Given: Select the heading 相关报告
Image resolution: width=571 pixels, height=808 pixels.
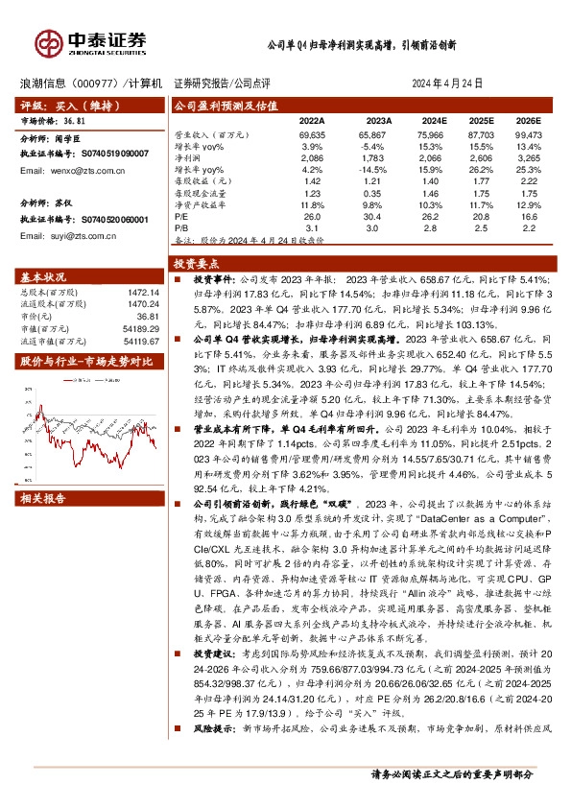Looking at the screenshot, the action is pyautogui.click(x=43, y=498).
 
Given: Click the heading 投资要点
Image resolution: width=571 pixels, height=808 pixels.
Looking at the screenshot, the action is pyautogui.click(x=195, y=262).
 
